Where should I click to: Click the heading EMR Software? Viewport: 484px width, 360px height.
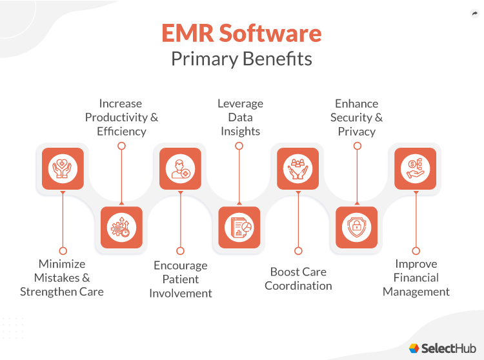coord(241,34)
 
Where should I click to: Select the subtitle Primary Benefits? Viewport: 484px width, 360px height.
coord(241,59)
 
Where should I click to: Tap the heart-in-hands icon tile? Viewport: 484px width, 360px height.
coord(63,169)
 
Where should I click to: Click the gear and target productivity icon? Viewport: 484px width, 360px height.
coord(121,227)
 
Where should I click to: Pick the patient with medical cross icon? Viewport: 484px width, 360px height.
coord(181,169)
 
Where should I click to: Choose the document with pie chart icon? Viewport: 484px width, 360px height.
coord(239,227)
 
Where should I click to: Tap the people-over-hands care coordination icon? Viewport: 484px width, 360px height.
coord(298,169)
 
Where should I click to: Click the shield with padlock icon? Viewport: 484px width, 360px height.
coord(357,227)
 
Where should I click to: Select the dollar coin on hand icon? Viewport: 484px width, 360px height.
coord(416,169)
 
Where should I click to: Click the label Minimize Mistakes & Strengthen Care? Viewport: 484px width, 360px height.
coord(62,277)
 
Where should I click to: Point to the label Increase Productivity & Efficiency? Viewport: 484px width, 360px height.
coord(121,117)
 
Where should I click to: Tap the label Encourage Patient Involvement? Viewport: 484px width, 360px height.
coord(181,279)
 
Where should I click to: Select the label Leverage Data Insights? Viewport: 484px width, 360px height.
coord(240,117)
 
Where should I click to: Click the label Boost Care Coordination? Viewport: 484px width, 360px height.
coord(298,279)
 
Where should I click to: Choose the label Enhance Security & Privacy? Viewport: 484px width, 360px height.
coord(357,117)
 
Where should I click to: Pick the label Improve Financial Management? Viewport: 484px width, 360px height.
coord(416,277)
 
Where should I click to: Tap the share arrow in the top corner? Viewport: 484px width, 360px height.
coord(475,14)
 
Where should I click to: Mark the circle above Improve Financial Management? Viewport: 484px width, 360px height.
coord(416,250)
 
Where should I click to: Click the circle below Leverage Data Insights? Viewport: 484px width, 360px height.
coord(239,146)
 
